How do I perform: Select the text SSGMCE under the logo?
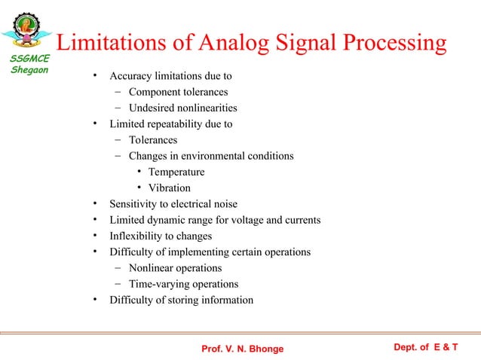point(29,60)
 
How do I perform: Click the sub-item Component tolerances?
point(178,92)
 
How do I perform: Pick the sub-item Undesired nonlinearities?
point(182,108)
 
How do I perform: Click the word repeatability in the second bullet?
point(175,124)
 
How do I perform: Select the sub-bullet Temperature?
point(176,172)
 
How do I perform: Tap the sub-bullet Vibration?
point(169,188)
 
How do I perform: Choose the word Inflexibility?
point(139,236)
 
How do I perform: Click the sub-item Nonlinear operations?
point(175,268)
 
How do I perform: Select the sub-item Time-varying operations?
point(183,284)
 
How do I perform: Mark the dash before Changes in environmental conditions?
point(118,156)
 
